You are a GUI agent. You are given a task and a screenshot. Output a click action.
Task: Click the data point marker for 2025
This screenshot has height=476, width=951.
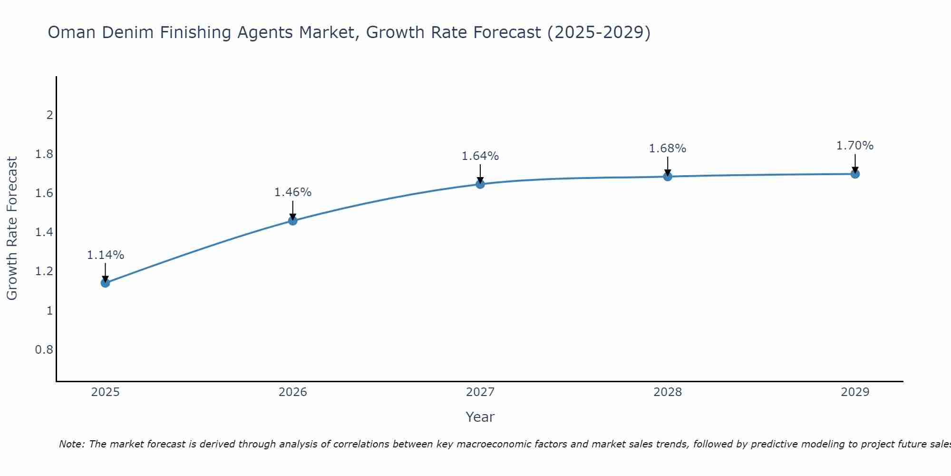pos(106,283)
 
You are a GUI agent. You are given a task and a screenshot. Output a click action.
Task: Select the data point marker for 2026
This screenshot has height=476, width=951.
pos(293,220)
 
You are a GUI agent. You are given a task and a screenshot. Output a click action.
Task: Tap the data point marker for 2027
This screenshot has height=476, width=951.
pos(480,184)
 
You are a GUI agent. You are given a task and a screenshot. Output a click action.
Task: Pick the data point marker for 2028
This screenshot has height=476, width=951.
pos(668,177)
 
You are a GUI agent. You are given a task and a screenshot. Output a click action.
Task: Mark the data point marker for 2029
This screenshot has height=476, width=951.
pos(855,174)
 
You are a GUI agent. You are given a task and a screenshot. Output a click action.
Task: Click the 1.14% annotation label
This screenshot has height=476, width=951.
pos(106,255)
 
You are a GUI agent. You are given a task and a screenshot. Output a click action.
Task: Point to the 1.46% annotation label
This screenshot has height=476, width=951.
pos(293,192)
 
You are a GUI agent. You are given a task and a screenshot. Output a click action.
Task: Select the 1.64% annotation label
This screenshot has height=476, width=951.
pos(480,156)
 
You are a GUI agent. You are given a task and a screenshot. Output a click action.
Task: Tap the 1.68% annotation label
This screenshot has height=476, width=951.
pos(668,149)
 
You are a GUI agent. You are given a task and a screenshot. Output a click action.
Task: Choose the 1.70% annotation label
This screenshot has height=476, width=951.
pos(855,146)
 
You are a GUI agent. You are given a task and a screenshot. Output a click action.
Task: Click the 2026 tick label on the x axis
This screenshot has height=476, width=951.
pos(293,392)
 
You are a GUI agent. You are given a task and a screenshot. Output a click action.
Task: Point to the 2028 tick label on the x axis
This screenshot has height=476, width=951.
pos(668,392)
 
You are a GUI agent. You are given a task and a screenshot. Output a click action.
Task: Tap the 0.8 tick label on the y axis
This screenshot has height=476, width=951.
pos(44,350)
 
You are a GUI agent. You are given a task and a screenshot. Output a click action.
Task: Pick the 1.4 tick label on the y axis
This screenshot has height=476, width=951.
pos(44,232)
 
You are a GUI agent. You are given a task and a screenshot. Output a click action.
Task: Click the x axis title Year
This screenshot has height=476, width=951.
pos(480,417)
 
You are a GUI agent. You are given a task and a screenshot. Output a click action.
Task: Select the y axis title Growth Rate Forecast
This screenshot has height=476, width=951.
pos(12,228)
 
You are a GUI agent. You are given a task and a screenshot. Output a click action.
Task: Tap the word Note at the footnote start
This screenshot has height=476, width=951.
pos(71,444)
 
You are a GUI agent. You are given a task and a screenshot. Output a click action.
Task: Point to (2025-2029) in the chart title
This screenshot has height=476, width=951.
pos(599,32)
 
